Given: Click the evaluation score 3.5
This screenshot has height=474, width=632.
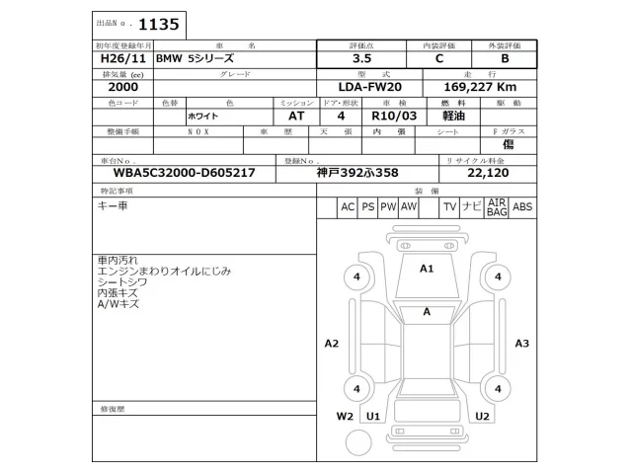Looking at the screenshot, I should point(365,59).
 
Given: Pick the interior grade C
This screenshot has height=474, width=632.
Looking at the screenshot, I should point(439,59).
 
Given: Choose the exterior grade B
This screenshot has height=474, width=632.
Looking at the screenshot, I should point(505,59).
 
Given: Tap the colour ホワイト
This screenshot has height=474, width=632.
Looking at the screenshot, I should point(203,116).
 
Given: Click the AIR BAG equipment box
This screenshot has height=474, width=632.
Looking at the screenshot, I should point(496,206).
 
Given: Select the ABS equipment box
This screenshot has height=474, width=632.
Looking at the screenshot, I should point(522,206).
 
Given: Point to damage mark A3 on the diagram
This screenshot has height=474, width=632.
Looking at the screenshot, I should point(522,344).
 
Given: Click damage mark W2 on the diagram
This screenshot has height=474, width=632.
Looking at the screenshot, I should point(345,416).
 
